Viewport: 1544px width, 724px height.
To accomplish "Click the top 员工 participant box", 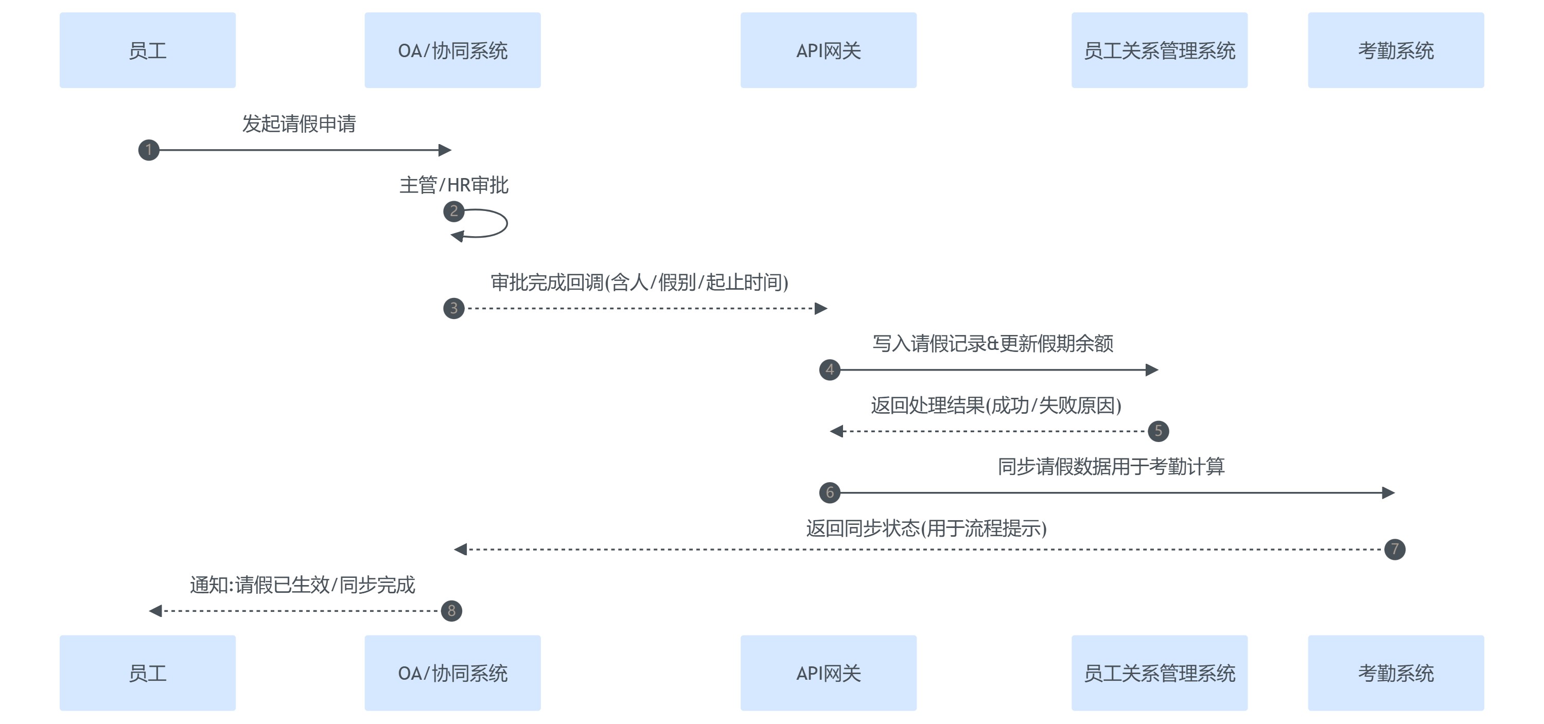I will click(147, 50).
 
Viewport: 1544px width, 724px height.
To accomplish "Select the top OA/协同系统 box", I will click(452, 50).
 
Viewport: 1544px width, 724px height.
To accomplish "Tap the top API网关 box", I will click(828, 50).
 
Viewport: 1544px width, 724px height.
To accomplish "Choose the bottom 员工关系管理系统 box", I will click(1159, 673).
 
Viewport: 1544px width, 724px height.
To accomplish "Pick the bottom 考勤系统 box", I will click(1395, 673).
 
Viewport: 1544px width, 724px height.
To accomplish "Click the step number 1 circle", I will click(149, 150).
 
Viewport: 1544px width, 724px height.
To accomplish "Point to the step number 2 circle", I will click(454, 211).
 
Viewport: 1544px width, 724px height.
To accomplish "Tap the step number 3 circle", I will click(454, 308).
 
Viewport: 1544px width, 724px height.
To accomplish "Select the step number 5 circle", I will click(1158, 431).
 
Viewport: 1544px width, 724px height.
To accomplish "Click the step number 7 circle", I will click(1395, 549).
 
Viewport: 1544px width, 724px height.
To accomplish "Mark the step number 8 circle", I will click(451, 611).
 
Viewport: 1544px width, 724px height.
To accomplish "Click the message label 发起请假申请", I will click(299, 124).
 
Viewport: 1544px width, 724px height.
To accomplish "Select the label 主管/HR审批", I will click(454, 185).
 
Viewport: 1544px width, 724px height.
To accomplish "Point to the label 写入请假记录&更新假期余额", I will click(993, 343).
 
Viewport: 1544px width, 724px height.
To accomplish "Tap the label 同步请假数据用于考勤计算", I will click(1111, 466).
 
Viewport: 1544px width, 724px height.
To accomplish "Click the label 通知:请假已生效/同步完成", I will click(302, 585).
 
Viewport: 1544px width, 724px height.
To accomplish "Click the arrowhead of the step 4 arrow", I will click(1151, 370).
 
